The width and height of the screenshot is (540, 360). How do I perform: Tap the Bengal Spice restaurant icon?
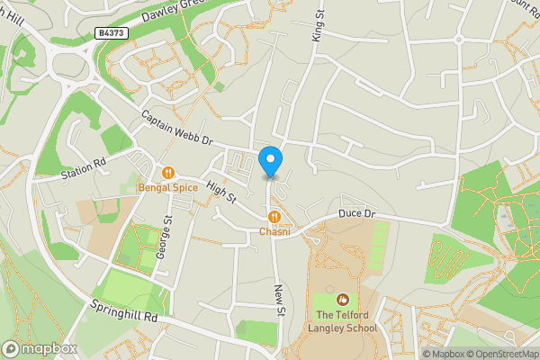tap(167, 173)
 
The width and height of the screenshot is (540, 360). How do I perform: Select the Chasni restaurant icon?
tap(274, 216)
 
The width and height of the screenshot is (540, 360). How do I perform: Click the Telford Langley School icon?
tap(342, 299)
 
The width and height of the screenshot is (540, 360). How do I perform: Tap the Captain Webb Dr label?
tap(176, 129)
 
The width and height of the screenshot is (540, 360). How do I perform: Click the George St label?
tap(164, 238)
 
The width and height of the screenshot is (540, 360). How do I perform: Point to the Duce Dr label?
tap(355, 214)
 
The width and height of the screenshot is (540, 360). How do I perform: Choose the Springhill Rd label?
tap(123, 311)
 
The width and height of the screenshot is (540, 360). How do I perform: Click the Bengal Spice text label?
tap(167, 188)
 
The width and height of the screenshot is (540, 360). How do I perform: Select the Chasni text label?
tap(274, 231)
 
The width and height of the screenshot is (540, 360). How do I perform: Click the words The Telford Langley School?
tap(346, 321)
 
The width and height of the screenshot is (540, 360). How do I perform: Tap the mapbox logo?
tap(39, 348)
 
